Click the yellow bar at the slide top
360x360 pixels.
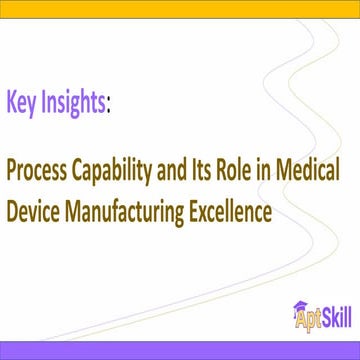180,4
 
